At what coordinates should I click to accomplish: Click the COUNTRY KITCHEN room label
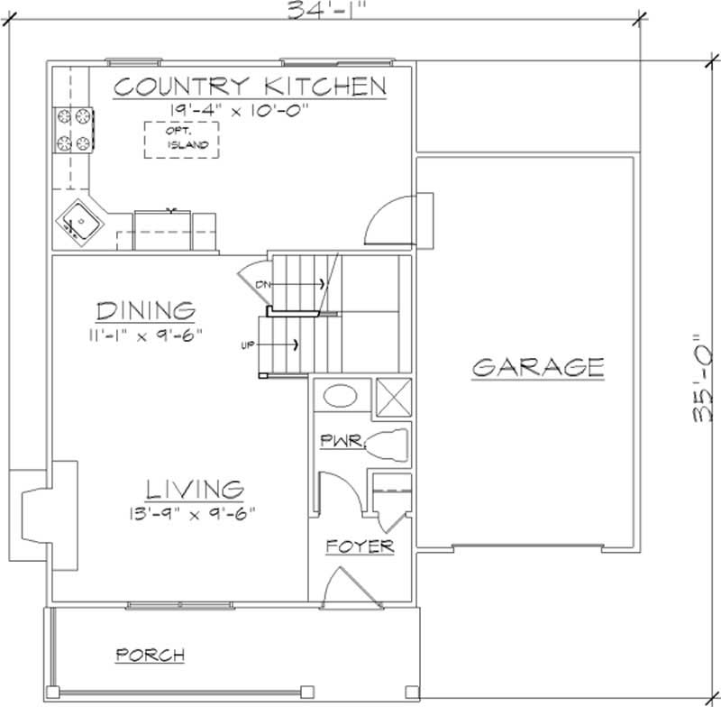250,87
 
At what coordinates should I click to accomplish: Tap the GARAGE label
538,367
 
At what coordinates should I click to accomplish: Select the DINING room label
146,310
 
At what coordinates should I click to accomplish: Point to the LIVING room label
195,490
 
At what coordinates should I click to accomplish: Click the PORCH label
151,655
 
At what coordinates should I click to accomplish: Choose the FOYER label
360,546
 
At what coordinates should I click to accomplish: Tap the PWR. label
342,441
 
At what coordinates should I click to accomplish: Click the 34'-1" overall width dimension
327,10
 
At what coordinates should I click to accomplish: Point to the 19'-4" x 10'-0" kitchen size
239,110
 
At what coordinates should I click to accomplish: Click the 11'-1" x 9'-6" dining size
146,335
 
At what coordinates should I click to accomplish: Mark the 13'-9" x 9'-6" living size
192,513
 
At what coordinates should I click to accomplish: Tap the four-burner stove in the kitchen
74,130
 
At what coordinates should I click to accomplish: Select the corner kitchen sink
80,223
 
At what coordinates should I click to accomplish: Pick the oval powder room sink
341,396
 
